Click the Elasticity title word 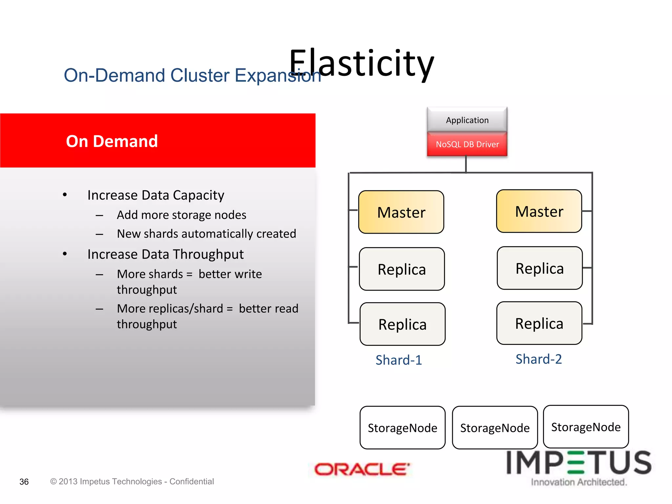pos(362,63)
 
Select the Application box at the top pos(467,120)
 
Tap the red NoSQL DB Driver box pos(467,144)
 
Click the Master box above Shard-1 pos(401,212)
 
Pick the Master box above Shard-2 pos(539,211)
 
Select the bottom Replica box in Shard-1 pos(402,324)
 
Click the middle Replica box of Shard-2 pos(539,268)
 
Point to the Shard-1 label pos(399,360)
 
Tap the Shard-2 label pos(538,359)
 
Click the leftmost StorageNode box pos(402,428)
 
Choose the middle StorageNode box pos(494,428)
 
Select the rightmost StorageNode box pos(586,427)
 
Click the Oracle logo pos(362,469)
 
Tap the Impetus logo pos(579,466)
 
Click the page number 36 pos(24,482)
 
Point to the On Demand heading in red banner pos(112,141)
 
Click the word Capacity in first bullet pos(199,195)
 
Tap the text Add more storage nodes pos(181,215)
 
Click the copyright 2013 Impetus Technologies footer pos(132,481)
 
